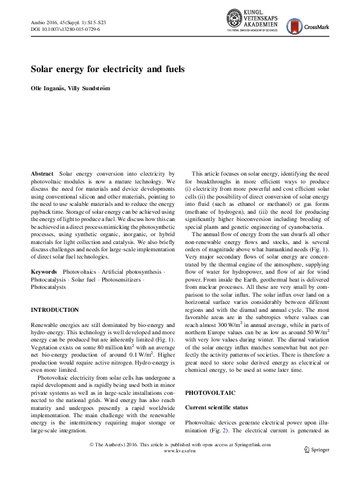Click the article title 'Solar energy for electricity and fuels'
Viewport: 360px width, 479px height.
tap(108, 69)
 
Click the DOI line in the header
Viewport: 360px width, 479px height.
tap(65, 29)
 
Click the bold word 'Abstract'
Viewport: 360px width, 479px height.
tap(43, 174)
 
